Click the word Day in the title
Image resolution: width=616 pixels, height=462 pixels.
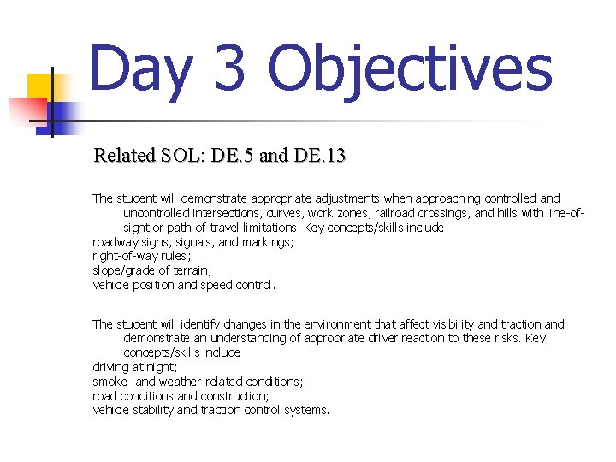[x=140, y=70]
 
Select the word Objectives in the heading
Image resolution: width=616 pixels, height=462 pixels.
[x=409, y=70]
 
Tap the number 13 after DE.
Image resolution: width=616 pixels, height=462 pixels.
[x=335, y=156]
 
